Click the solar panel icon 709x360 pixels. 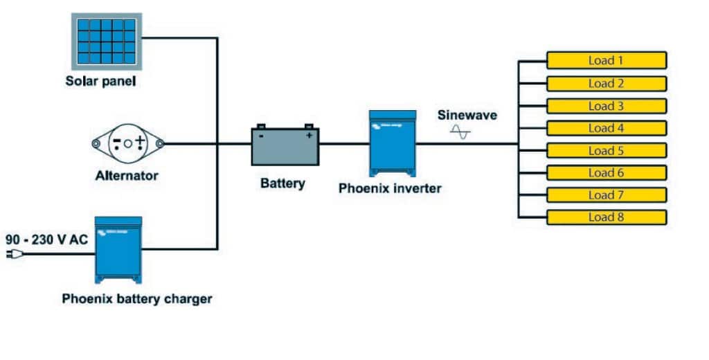pos(106,40)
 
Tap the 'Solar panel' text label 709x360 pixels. pos(100,81)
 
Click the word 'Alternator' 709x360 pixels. pos(127,176)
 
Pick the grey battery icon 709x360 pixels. pos(285,145)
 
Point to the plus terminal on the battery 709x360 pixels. pos(309,136)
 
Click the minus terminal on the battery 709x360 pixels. pos(261,136)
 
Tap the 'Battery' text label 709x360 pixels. pos(282,183)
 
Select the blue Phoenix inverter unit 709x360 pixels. pos(393,141)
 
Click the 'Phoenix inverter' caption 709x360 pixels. pos(390,188)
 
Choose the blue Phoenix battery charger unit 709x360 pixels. pos(118,249)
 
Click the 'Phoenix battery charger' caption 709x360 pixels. pos(137,299)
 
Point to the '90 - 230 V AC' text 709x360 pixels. pos(47,239)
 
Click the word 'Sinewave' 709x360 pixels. pos(467,115)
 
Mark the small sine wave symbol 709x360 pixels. pos(460,132)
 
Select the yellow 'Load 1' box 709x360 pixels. pos(606,60)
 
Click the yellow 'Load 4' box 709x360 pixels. pos(606,128)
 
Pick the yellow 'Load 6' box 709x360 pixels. pos(606,172)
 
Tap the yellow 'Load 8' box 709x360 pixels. pos(606,217)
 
